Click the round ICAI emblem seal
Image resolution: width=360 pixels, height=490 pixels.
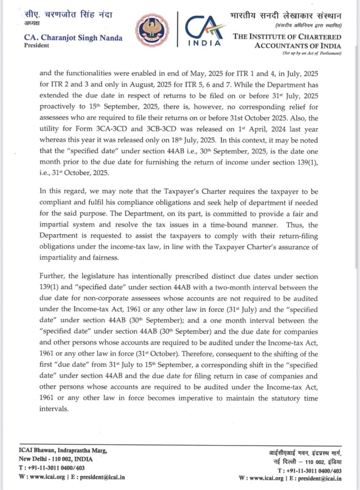click(x=152, y=29)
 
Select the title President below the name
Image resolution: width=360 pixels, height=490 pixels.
click(x=36, y=45)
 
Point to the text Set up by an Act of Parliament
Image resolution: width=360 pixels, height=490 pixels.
click(x=312, y=53)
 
